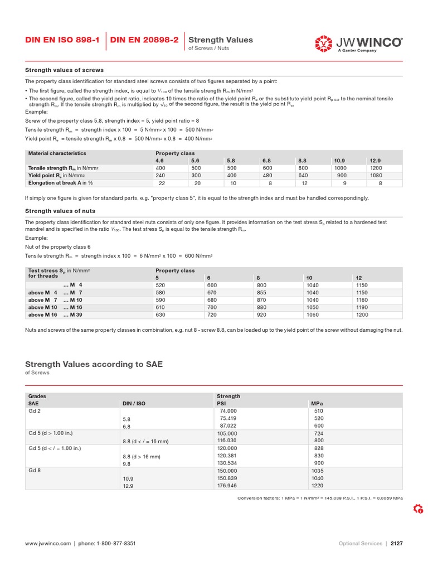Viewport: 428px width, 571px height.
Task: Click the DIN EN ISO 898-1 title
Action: pyautogui.click(x=62, y=40)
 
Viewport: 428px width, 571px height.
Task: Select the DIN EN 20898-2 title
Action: pyautogui.click(x=144, y=40)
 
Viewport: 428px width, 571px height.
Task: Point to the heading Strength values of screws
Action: pyautogui.click(x=65, y=70)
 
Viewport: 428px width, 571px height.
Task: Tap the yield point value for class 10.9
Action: pyautogui.click(x=342, y=175)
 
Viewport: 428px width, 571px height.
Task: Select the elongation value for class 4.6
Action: pyautogui.click(x=162, y=182)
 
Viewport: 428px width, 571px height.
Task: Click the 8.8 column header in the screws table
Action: pyautogui.click(x=302, y=161)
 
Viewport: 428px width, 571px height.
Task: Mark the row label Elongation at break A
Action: pyautogui.click(x=61, y=182)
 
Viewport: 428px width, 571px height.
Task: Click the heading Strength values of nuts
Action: pyautogui.click(x=60, y=211)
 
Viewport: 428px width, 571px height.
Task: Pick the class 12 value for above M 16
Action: pyautogui.click(x=363, y=314)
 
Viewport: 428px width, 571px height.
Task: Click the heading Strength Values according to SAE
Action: pyautogui.click(x=94, y=364)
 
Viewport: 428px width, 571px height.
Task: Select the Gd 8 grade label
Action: pyautogui.click(x=35, y=470)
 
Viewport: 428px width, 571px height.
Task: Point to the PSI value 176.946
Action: pyautogui.click(x=228, y=486)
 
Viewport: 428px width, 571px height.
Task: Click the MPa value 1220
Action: pyautogui.click(x=318, y=486)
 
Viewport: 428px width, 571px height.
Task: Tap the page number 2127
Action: pyautogui.click(x=396, y=543)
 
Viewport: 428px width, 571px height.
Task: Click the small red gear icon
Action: pyautogui.click(x=418, y=509)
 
